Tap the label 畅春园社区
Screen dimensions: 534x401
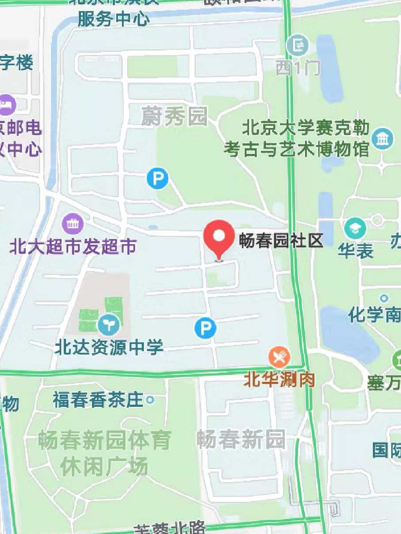(281, 241)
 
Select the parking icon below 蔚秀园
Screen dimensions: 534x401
(158, 179)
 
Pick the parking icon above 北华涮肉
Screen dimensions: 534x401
(205, 328)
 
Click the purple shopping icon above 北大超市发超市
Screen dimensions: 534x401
(73, 224)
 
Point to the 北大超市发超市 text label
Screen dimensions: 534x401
(73, 247)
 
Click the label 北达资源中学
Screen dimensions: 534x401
(109, 347)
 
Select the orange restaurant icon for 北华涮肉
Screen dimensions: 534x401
(280, 357)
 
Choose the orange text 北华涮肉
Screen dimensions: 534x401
(280, 380)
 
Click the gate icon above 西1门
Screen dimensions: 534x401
(298, 45)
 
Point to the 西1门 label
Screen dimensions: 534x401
(298, 68)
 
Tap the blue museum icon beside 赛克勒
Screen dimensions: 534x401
(382, 139)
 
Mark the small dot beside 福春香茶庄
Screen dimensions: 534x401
(150, 400)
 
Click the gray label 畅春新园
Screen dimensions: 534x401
(240, 439)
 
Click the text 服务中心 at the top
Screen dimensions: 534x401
(114, 19)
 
